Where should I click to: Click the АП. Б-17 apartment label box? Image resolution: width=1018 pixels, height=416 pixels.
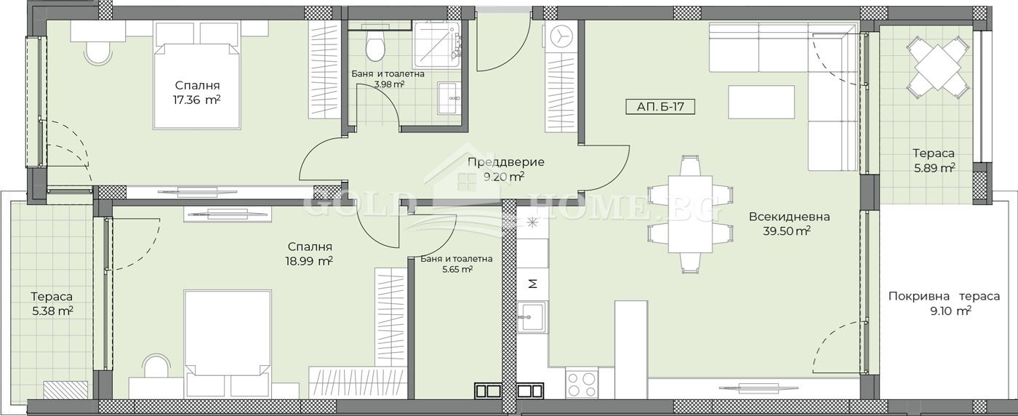(x=660, y=107)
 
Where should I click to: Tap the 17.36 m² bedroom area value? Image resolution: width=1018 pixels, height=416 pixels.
(x=197, y=100)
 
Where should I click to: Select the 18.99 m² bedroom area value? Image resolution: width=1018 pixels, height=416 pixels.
(x=310, y=261)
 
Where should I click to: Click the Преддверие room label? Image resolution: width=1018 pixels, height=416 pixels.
(x=506, y=162)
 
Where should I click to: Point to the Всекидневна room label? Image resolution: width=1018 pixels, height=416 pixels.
(x=790, y=217)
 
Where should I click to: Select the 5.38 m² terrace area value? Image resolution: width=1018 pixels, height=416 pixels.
(x=52, y=311)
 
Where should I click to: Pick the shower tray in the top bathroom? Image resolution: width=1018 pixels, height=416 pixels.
(x=436, y=45)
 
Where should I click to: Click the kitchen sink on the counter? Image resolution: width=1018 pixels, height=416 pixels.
(x=532, y=317)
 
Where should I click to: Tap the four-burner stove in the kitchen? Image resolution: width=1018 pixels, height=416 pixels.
(x=582, y=384)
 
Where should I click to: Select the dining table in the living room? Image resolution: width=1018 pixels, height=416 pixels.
(x=690, y=214)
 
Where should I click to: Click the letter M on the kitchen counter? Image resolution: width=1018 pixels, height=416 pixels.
(x=533, y=284)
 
